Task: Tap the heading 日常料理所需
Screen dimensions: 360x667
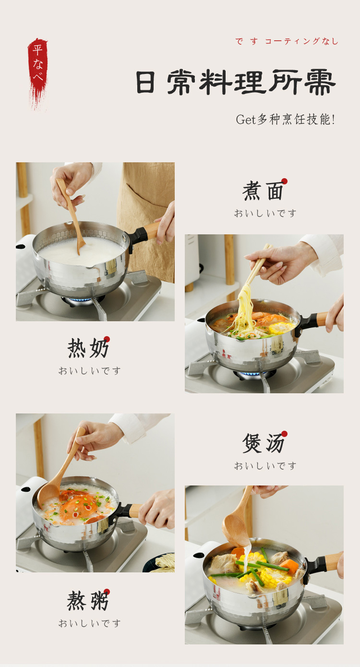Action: click(x=236, y=82)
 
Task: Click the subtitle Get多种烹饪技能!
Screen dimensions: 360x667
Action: click(x=285, y=120)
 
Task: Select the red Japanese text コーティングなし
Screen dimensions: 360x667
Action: click(x=301, y=41)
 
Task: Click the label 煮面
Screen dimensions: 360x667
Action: click(x=263, y=191)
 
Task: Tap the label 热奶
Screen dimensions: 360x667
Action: click(x=87, y=348)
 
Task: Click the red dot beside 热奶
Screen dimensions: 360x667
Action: click(x=107, y=339)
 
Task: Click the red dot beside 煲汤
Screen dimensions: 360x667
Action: click(x=284, y=434)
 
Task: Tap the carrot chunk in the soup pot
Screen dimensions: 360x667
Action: click(x=288, y=566)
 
